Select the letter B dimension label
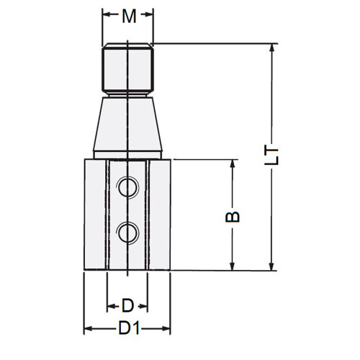pos(233,215)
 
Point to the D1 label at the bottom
pos(128,328)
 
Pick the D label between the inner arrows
pos(127,304)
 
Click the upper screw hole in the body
pos(127,188)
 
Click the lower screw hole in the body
pos(127,232)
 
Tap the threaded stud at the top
pos(127,69)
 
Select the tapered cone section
pos(127,124)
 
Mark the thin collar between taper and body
pos(127,156)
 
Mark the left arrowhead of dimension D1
pos(88,329)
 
